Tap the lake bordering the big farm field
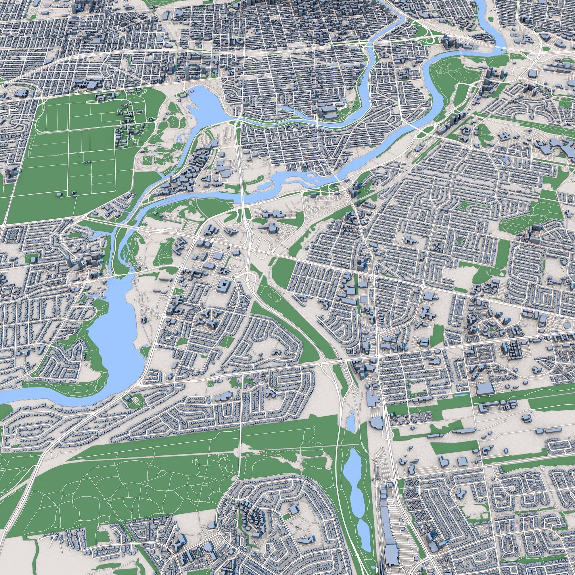click(205, 104)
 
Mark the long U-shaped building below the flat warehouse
click(494, 407)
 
